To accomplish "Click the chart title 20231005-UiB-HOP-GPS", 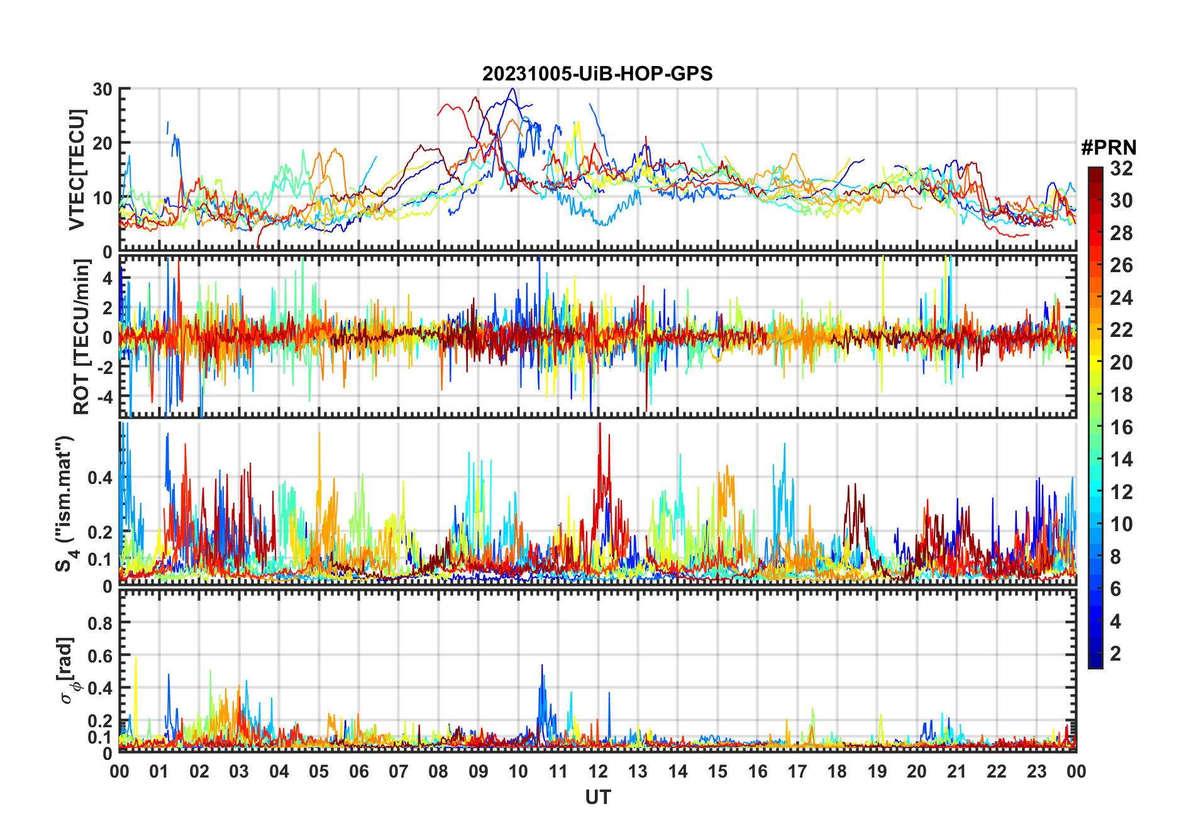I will (x=597, y=74).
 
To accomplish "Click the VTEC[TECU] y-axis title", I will (x=77, y=170).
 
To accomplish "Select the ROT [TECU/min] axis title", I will (x=81, y=337).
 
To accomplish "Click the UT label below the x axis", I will (x=597, y=798).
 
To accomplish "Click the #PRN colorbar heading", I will (x=1109, y=148).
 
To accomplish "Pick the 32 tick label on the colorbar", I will (x=1121, y=168).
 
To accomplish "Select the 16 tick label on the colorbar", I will (x=1121, y=427).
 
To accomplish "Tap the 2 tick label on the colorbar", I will (x=1116, y=654).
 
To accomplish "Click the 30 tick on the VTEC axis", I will (x=102, y=89).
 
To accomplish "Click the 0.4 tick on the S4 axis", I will (x=100, y=478).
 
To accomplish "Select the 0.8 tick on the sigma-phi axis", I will (x=100, y=623).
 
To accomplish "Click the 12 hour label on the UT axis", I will (x=598, y=771).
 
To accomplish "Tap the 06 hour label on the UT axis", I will (x=358, y=771).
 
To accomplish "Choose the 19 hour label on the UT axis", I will (x=877, y=771).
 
